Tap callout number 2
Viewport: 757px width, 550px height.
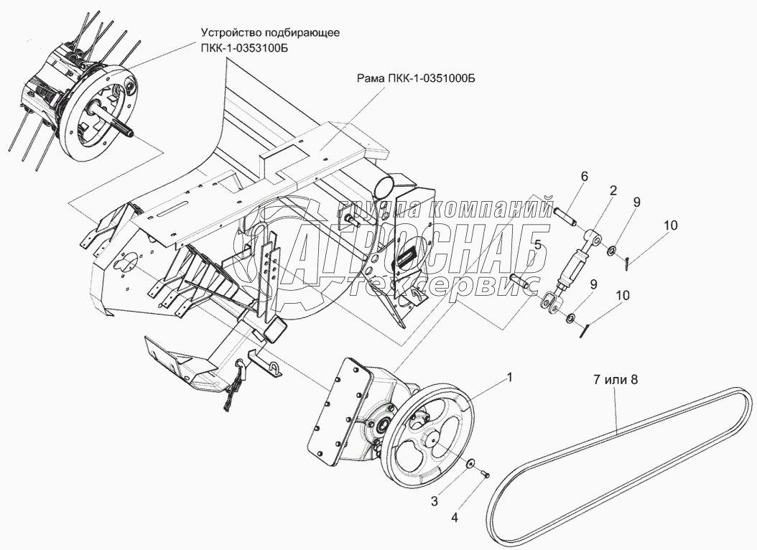[x=612, y=191]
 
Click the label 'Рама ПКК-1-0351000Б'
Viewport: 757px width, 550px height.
[x=416, y=78]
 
